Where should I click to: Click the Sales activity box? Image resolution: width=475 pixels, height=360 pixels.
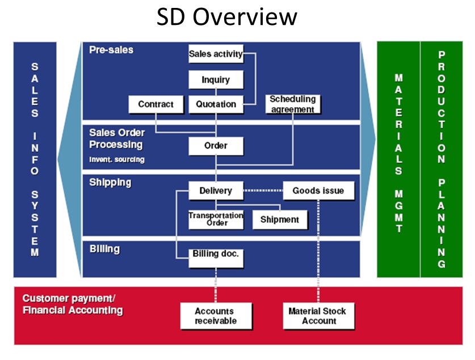[216, 54]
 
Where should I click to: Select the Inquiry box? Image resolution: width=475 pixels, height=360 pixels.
[216, 79]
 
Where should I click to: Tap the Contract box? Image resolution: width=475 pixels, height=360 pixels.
[155, 104]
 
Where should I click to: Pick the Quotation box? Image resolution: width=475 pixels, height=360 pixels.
[216, 104]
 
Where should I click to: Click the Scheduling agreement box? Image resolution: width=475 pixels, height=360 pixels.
[293, 104]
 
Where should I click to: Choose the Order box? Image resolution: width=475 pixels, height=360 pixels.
[216, 146]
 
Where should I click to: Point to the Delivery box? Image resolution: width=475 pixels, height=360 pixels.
[216, 190]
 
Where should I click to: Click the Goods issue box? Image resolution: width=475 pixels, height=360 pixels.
[318, 190]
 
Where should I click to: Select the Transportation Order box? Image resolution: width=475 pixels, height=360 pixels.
[216, 219]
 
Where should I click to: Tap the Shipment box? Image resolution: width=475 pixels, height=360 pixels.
[280, 219]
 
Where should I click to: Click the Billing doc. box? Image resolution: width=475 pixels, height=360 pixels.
[216, 259]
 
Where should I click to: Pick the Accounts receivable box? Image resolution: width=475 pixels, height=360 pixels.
[216, 316]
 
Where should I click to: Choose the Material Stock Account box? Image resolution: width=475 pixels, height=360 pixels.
[318, 316]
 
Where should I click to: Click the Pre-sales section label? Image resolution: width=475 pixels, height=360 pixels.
[111, 50]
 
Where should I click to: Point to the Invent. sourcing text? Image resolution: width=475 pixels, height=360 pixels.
[117, 159]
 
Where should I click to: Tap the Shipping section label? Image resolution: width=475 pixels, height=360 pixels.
[110, 183]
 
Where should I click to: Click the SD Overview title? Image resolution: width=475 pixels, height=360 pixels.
[227, 16]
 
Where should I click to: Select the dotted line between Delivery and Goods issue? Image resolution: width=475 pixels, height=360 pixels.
[263, 190]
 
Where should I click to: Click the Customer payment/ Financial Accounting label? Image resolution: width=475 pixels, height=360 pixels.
[73, 304]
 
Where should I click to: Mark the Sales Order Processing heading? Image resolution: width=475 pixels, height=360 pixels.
[117, 138]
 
